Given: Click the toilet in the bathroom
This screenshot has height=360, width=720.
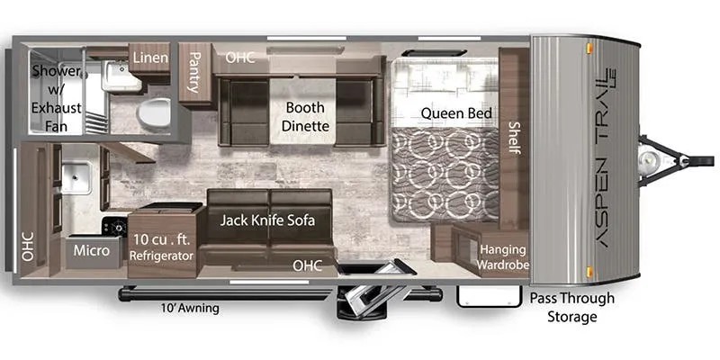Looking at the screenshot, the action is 154,112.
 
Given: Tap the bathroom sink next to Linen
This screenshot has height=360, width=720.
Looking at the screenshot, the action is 121,76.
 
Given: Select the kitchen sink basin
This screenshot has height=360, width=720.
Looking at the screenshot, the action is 76,176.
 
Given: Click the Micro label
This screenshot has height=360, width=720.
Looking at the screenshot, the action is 92,251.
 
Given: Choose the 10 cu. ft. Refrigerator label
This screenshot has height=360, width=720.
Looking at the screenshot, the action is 161,248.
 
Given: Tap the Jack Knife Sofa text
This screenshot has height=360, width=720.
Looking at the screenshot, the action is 267,220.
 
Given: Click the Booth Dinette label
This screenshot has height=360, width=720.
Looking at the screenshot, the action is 305,117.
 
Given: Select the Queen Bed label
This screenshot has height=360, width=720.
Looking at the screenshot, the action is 456,113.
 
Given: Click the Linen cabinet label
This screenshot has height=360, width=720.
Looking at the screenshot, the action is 150,58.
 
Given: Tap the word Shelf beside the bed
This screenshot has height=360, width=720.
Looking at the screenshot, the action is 514,138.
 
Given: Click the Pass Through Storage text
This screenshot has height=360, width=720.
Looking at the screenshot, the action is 572,307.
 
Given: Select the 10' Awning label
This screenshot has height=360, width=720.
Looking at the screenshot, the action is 190,308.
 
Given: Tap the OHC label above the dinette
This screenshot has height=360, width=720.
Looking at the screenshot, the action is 240,58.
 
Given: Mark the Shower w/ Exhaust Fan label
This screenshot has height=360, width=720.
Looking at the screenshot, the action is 56,99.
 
